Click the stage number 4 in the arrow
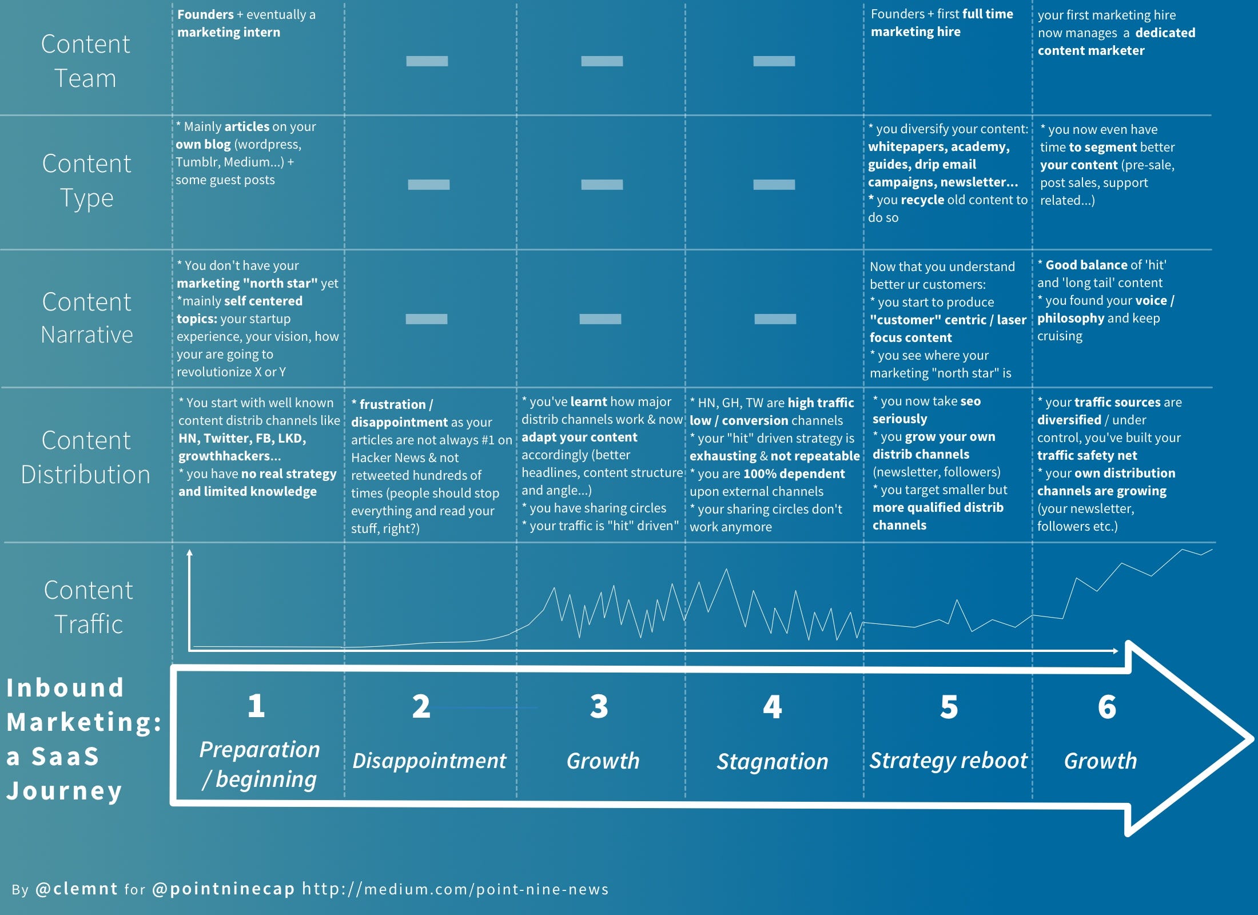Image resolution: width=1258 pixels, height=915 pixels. (772, 707)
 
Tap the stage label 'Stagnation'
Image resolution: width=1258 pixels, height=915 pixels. (773, 761)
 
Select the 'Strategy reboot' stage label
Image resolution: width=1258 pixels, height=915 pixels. (948, 761)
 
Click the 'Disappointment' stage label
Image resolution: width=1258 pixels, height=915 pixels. (429, 761)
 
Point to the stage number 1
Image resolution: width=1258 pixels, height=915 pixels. (256, 706)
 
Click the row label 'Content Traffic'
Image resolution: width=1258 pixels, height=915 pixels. (88, 607)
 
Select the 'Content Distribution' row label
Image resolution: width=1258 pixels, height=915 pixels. (86, 457)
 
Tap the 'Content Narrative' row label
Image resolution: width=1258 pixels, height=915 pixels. (87, 318)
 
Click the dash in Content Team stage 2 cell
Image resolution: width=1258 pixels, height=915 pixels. (427, 61)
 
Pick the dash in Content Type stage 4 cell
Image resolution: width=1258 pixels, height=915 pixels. (774, 185)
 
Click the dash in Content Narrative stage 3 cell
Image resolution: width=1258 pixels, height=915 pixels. (600, 319)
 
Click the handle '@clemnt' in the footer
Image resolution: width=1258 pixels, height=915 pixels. (77, 889)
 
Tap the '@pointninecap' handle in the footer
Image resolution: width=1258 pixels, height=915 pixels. (224, 889)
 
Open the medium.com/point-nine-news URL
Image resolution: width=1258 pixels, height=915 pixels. (455, 889)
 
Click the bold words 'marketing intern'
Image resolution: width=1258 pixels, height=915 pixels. (229, 32)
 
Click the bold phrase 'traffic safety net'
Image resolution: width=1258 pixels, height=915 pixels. (1086, 455)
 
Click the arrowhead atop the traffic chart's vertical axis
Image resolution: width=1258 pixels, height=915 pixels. (189, 553)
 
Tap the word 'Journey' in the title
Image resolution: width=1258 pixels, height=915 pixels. (64, 791)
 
